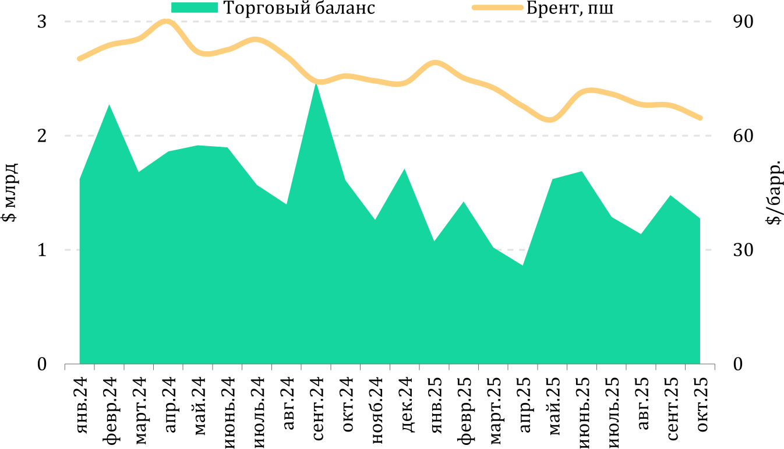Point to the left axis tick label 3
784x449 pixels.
[42, 22]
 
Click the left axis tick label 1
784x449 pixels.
[42, 250]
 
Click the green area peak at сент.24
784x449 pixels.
[316, 84]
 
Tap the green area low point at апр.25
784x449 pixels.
[522, 266]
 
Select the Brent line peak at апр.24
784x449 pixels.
[168, 22]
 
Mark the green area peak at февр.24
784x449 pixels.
[109, 105]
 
